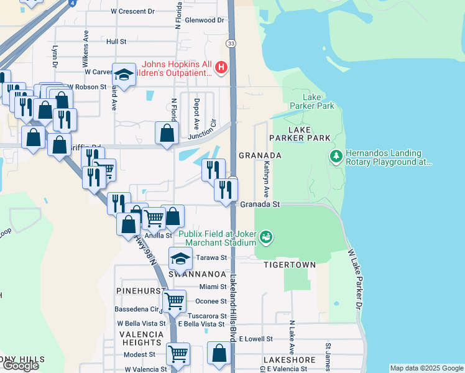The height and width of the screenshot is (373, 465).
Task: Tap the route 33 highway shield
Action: [x=231, y=43]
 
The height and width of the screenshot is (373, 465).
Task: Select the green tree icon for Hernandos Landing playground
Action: [x=336, y=155]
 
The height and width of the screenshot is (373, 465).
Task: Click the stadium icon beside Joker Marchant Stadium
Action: [x=266, y=237]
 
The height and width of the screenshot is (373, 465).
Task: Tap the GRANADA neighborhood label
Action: [x=260, y=155]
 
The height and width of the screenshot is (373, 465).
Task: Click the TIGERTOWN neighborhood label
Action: [x=289, y=265]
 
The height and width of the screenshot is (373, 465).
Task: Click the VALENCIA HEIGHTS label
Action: [x=142, y=338]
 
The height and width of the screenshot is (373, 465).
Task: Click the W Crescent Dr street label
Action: [x=132, y=11]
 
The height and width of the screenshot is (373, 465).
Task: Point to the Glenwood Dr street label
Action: [x=204, y=20]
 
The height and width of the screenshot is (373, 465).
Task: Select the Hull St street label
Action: [x=116, y=42]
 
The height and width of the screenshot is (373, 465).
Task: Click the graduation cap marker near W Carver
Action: [x=124, y=75]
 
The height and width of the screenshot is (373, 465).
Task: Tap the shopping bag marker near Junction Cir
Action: [x=167, y=132]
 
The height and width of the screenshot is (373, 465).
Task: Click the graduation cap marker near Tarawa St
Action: [x=180, y=258]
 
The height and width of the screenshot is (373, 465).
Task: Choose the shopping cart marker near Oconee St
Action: [x=175, y=302]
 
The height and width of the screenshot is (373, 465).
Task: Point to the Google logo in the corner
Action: [x=21, y=366]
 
